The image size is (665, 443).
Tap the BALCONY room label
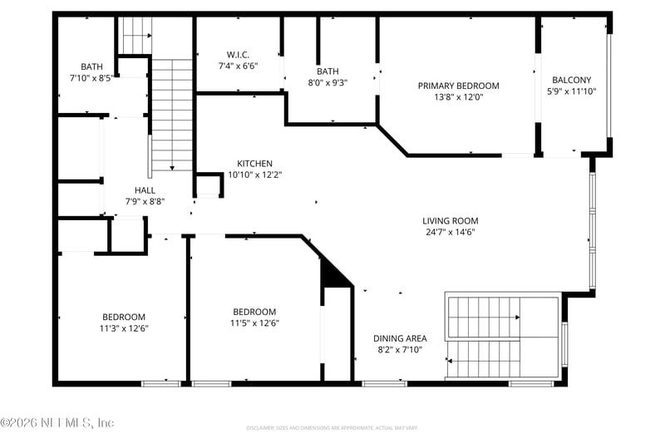point(571,81)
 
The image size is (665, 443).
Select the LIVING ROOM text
point(450,221)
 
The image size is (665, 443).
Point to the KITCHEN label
point(254,164)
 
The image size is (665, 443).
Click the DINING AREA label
point(399,338)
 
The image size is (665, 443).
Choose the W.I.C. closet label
point(238,55)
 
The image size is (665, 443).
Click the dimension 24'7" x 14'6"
point(450,233)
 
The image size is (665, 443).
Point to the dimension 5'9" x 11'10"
point(571,92)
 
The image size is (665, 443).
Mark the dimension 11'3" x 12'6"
point(124,328)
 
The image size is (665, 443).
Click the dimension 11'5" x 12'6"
point(254,323)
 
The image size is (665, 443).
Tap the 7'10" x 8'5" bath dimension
point(91,79)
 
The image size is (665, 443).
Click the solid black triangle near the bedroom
point(335,275)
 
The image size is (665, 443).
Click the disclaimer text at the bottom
point(332,428)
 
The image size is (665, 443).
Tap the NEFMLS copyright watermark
point(57,422)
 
